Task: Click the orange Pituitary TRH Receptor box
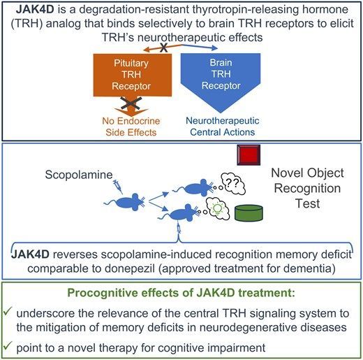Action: pyautogui.click(x=133, y=75)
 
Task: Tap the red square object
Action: pyautogui.click(x=249, y=155)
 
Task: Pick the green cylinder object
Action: pyautogui.click(x=249, y=213)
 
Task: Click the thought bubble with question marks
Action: pyautogui.click(x=233, y=184)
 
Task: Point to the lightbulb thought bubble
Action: pyautogui.click(x=217, y=209)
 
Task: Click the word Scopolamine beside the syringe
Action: pyautogui.click(x=79, y=175)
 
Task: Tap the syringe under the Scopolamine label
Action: pyautogui.click(x=118, y=187)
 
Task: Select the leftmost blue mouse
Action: pyautogui.click(x=125, y=202)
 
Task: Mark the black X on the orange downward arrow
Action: pyautogui.click(x=131, y=103)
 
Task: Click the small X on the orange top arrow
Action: pyautogui.click(x=164, y=48)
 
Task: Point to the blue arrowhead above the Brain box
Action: pyautogui.click(x=214, y=48)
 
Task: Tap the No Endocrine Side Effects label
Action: pyautogui.click(x=131, y=127)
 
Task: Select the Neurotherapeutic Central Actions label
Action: pyautogui.click(x=223, y=127)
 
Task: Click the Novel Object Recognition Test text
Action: pyautogui.click(x=307, y=188)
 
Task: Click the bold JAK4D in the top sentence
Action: pyautogui.click(x=35, y=10)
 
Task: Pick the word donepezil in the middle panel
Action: pyautogui.click(x=130, y=268)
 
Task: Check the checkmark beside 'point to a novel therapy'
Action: pyautogui.click(x=7, y=346)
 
